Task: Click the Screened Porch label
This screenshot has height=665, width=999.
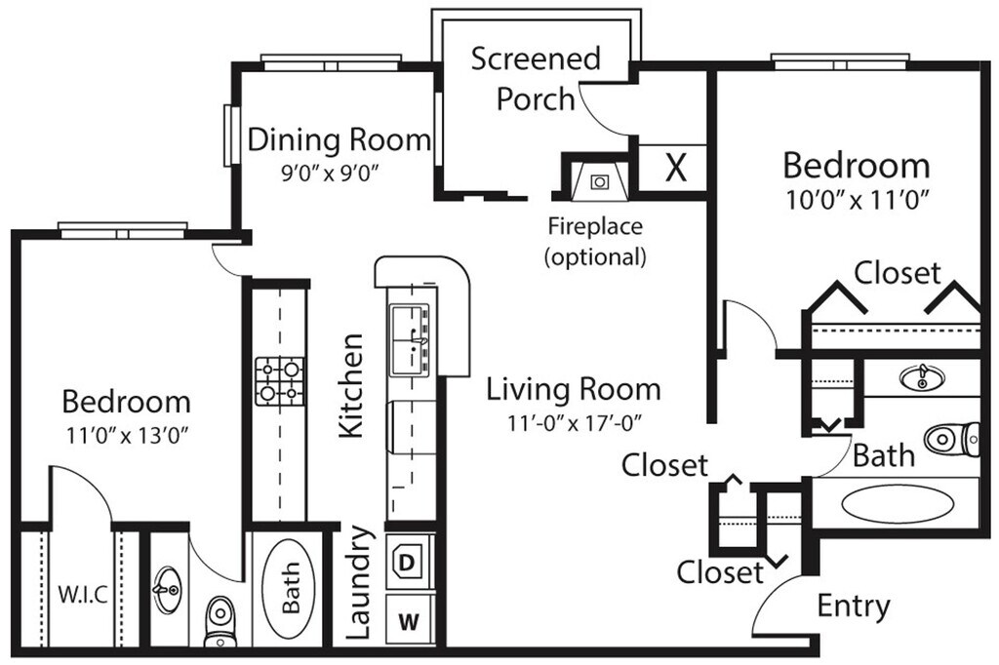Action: tap(536, 78)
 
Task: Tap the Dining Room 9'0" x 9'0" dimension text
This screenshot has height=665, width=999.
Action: tap(329, 175)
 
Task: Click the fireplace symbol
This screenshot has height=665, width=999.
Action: tap(597, 180)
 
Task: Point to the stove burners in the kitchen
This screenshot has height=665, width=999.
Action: tap(279, 381)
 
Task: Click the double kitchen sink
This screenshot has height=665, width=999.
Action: tap(412, 340)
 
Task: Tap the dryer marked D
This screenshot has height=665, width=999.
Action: tap(407, 563)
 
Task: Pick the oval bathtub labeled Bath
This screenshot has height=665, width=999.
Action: tap(291, 591)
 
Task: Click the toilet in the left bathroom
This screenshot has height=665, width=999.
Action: tap(220, 621)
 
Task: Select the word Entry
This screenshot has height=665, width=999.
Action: tap(853, 606)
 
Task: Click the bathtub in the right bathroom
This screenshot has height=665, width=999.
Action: tap(899, 504)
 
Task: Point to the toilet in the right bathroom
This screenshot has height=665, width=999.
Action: tap(951, 438)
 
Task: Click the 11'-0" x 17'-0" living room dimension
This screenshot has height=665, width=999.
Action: tap(573, 424)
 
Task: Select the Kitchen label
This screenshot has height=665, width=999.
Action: tap(351, 385)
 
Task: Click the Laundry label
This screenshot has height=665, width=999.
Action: tap(359, 583)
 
